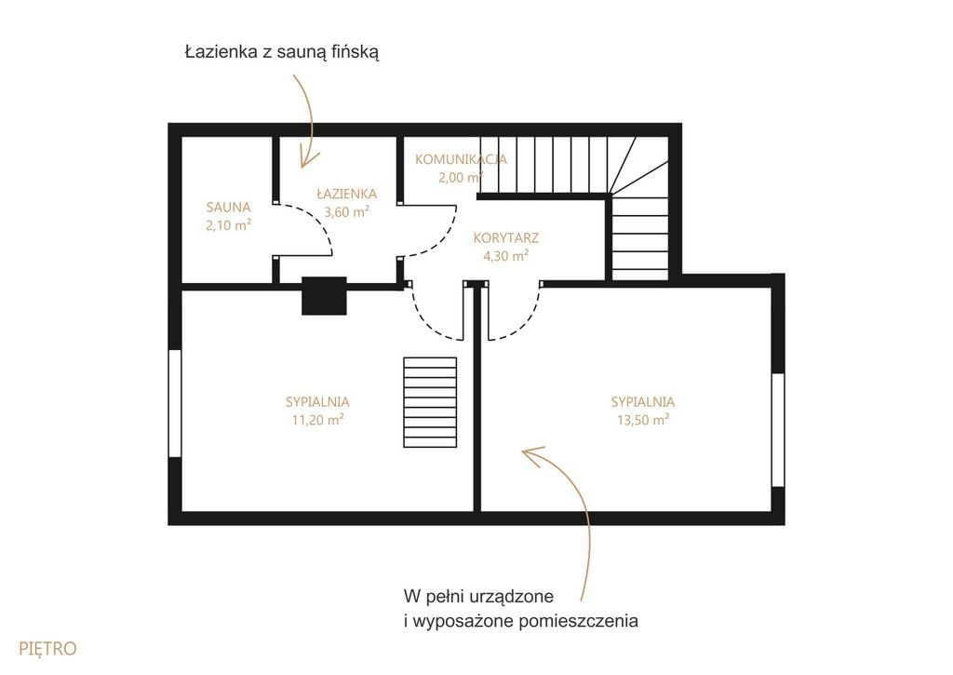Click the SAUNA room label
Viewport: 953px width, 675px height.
[229, 208]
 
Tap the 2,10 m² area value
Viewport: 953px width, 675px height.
[229, 225]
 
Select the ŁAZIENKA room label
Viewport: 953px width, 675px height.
[347, 194]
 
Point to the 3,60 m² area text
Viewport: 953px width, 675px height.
[347, 212]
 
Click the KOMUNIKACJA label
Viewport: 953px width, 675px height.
[462, 159]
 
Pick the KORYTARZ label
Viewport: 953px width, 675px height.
[506, 237]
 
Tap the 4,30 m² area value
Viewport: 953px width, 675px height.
[505, 256]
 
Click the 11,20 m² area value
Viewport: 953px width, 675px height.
[318, 420]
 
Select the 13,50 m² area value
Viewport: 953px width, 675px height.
[643, 420]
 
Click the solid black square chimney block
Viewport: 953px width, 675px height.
[324, 295]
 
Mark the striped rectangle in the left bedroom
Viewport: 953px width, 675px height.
[430, 402]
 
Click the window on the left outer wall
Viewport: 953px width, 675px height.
[175, 403]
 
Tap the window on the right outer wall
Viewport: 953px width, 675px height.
[778, 430]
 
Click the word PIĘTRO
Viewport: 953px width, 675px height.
[48, 649]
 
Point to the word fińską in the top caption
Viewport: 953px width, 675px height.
[356, 53]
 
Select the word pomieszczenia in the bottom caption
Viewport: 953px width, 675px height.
[579, 622]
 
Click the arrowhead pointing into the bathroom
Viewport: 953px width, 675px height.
[307, 158]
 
